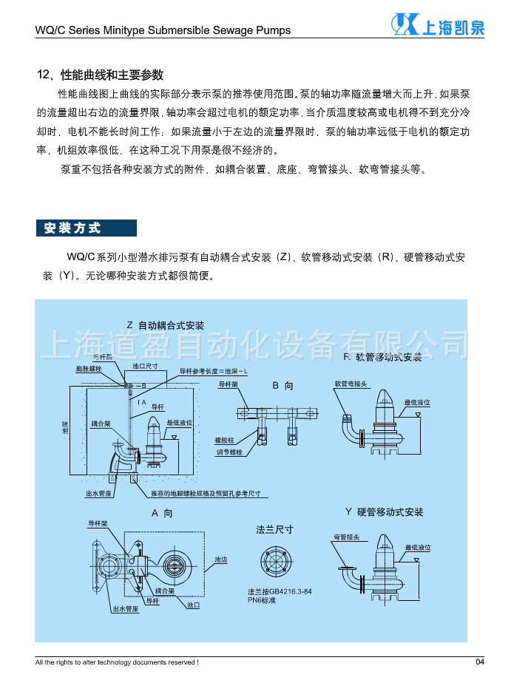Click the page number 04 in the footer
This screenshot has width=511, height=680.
tap(479, 661)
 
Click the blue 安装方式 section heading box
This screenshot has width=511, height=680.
tap(86, 228)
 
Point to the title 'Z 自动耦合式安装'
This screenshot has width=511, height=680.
tap(165, 325)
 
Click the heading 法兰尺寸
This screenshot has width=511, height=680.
tap(274, 529)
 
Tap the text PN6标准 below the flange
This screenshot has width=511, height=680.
tap(263, 601)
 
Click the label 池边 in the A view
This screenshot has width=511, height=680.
tap(220, 560)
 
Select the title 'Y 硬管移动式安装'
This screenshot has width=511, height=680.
tap(384, 512)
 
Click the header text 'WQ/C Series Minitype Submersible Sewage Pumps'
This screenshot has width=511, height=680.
tap(163, 30)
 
